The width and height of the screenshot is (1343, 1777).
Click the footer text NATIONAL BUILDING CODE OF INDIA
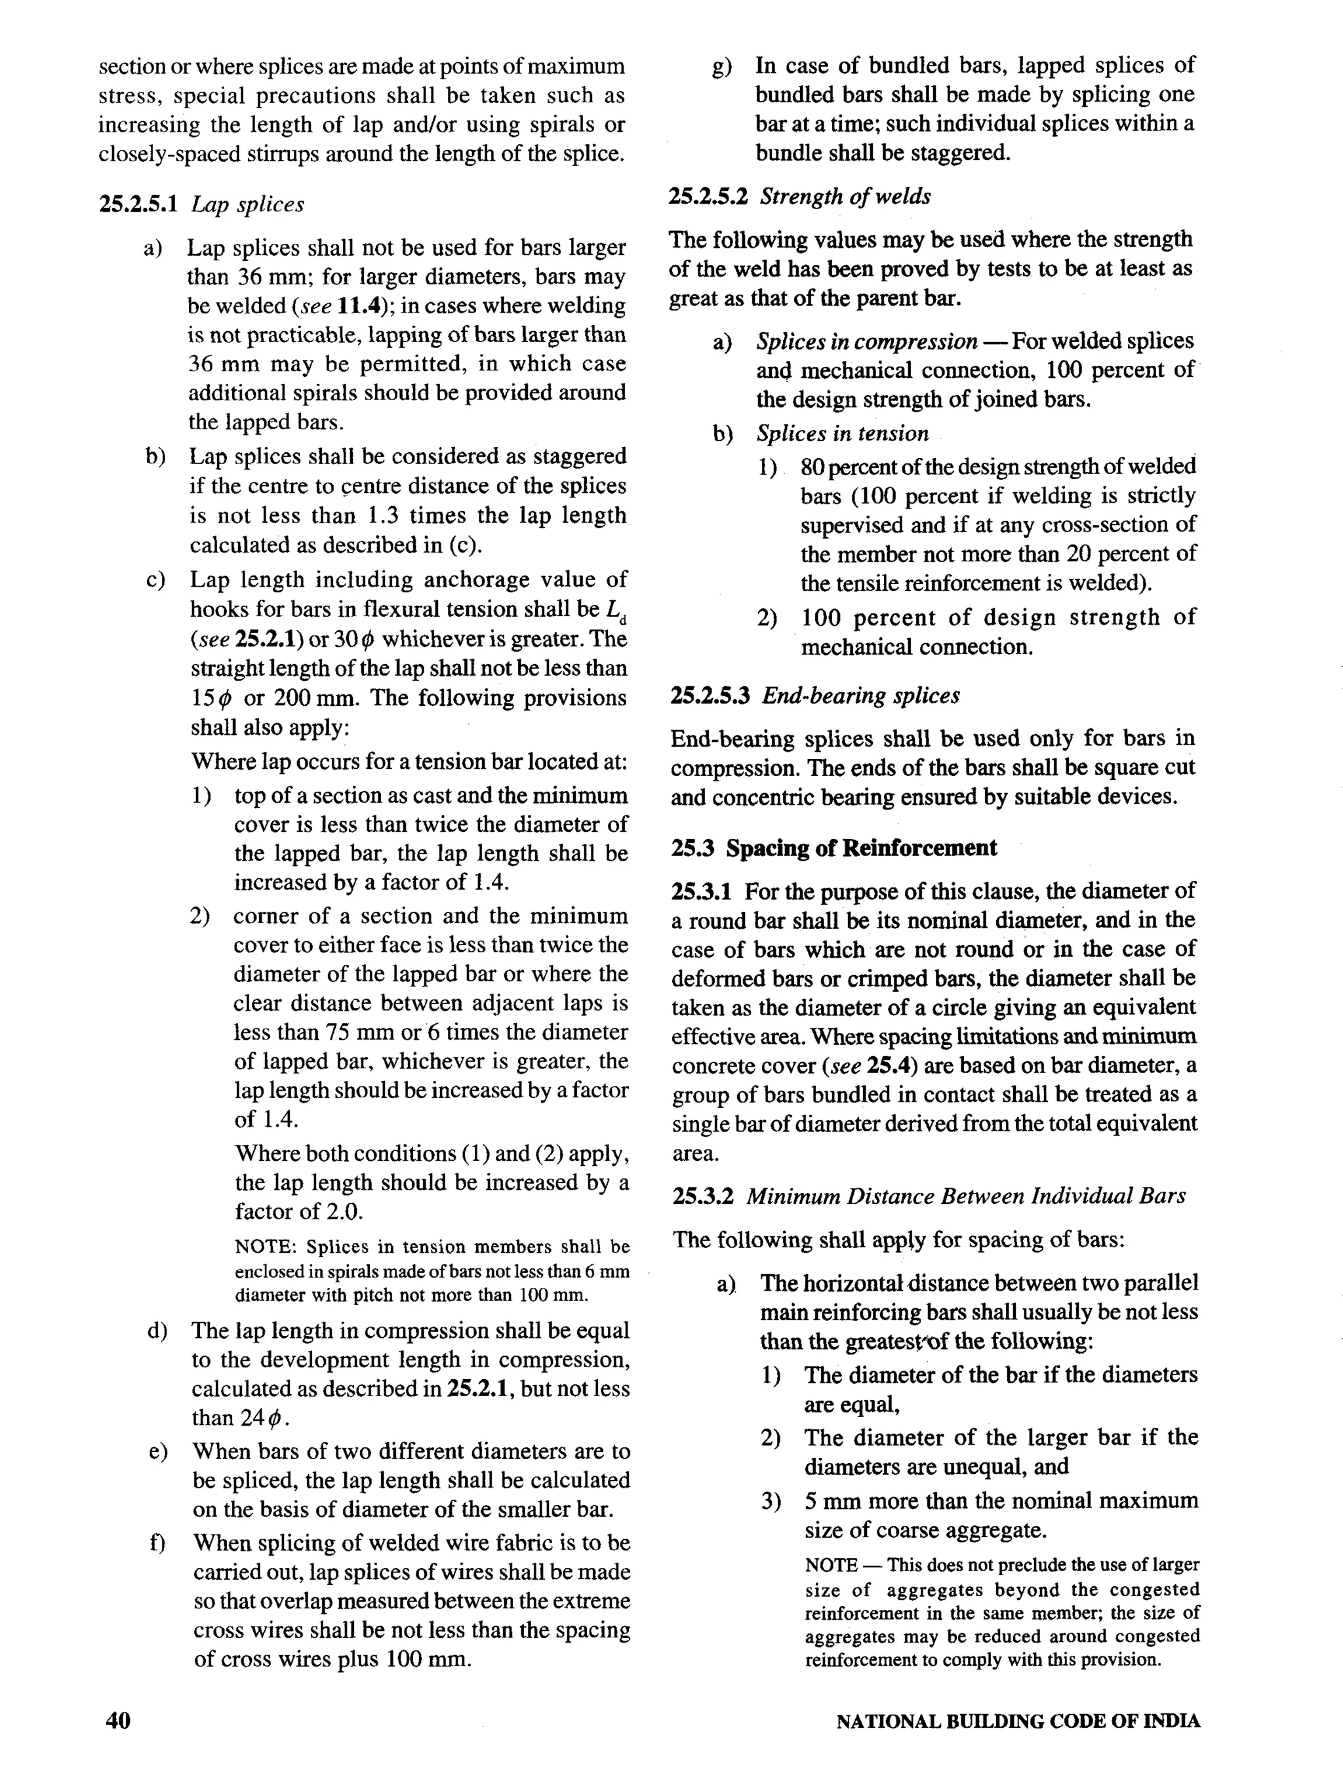[1018, 1721]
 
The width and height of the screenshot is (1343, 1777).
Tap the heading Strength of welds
[845, 197]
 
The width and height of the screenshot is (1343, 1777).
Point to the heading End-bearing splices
[860, 695]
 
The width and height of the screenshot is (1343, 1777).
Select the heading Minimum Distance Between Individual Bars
[965, 1196]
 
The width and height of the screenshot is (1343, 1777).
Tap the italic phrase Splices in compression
[866, 342]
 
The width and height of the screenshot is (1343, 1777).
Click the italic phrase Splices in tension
[841, 434]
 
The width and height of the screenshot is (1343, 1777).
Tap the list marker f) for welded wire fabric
[157, 1543]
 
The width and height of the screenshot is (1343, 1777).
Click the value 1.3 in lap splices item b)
[385, 516]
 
